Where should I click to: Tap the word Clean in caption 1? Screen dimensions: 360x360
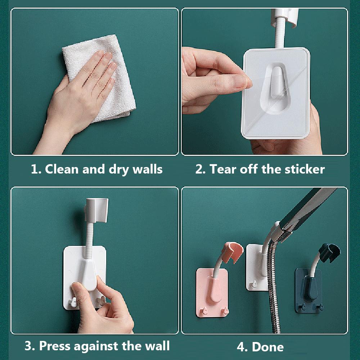[62, 169]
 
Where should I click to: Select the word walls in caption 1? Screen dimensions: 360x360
[145, 169]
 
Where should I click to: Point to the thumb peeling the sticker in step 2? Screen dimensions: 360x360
[230, 82]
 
